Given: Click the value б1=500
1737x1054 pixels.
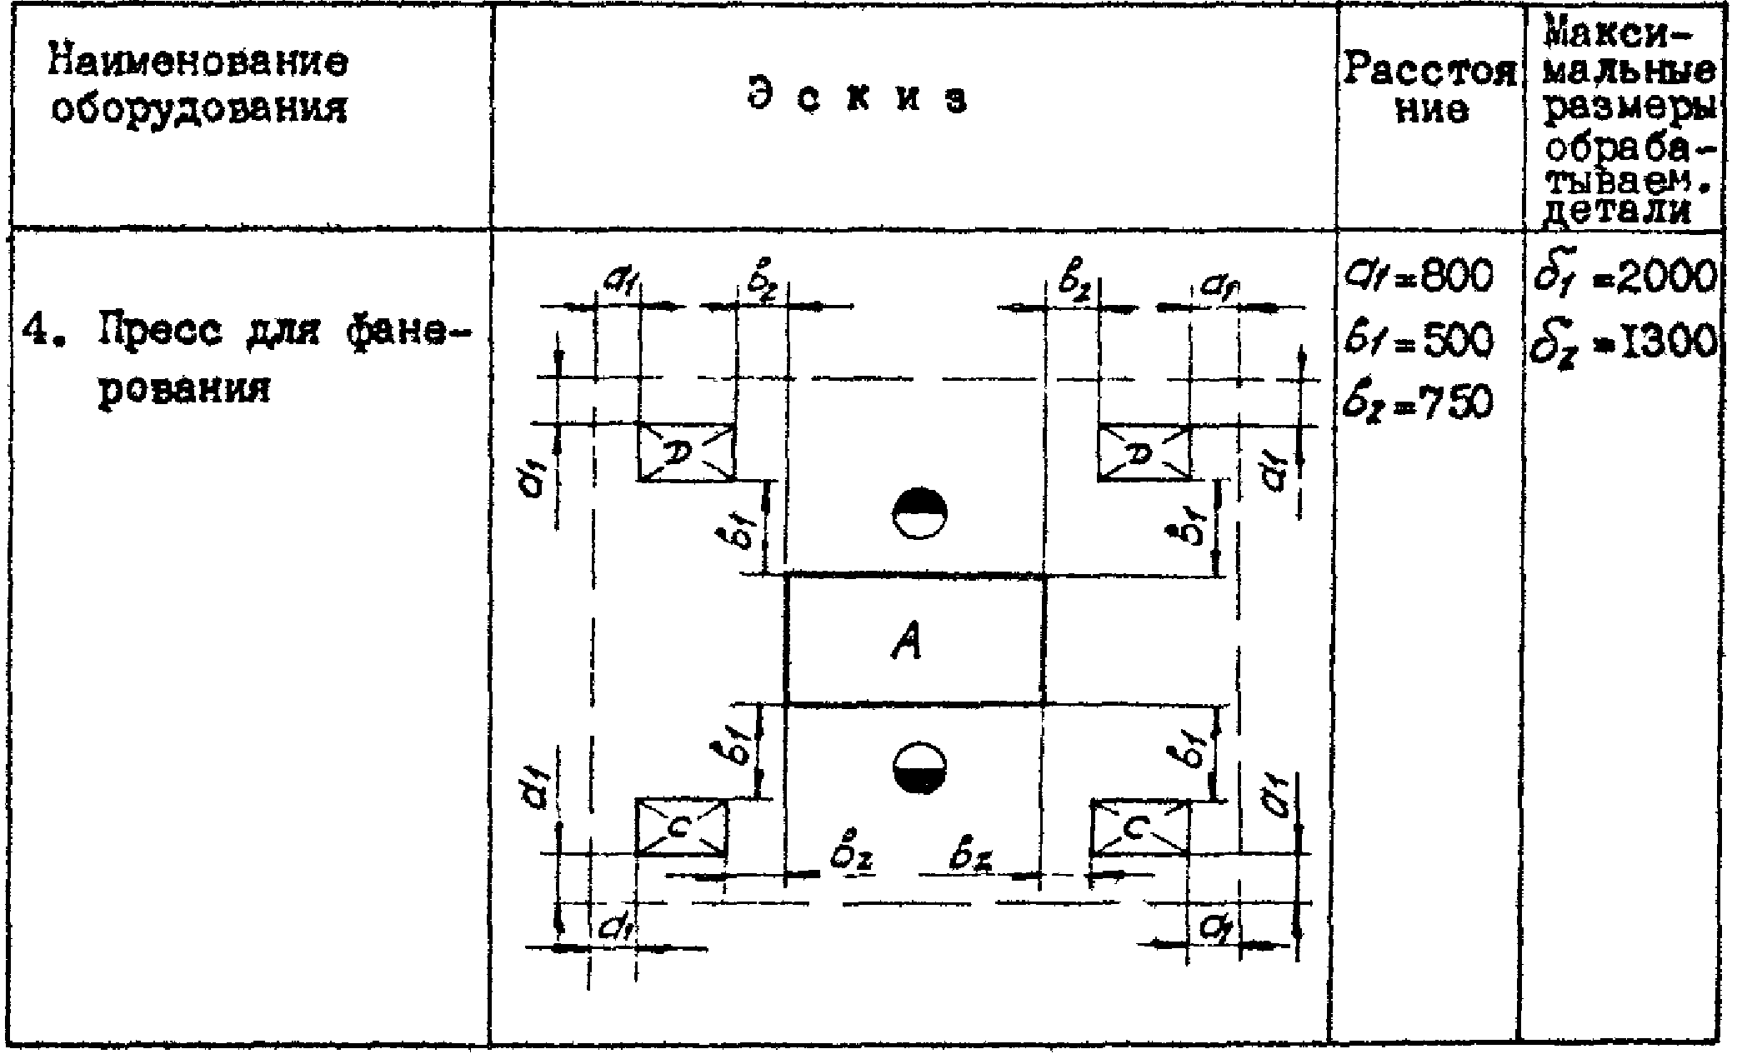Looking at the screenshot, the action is point(1417,340).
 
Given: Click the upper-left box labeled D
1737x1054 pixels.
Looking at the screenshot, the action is point(686,452).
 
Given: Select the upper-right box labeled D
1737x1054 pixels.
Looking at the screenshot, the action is point(1144,452).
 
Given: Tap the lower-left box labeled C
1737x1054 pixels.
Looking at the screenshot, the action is point(681,827).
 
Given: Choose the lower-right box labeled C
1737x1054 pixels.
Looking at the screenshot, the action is point(1139,827).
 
